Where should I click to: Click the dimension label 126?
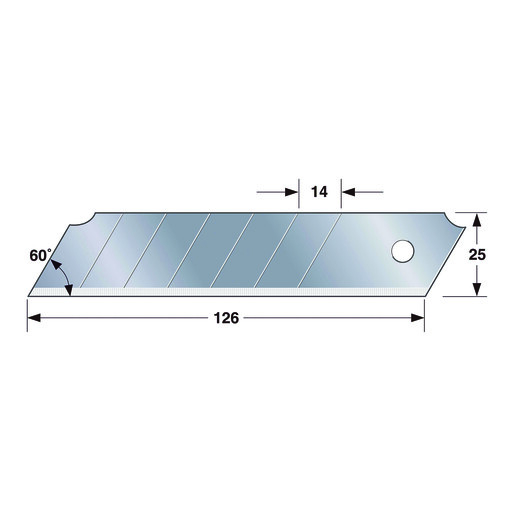(226, 318)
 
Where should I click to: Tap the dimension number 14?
(319, 192)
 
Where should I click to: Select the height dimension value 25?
(477, 255)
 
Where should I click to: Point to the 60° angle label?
(41, 255)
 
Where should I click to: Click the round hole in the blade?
(402, 251)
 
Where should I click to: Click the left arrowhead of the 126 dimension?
(34, 318)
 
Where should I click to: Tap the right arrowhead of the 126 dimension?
(418, 318)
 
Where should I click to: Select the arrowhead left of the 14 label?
(292, 192)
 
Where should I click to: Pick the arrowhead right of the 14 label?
(348, 192)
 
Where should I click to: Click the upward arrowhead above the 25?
(477, 219)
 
